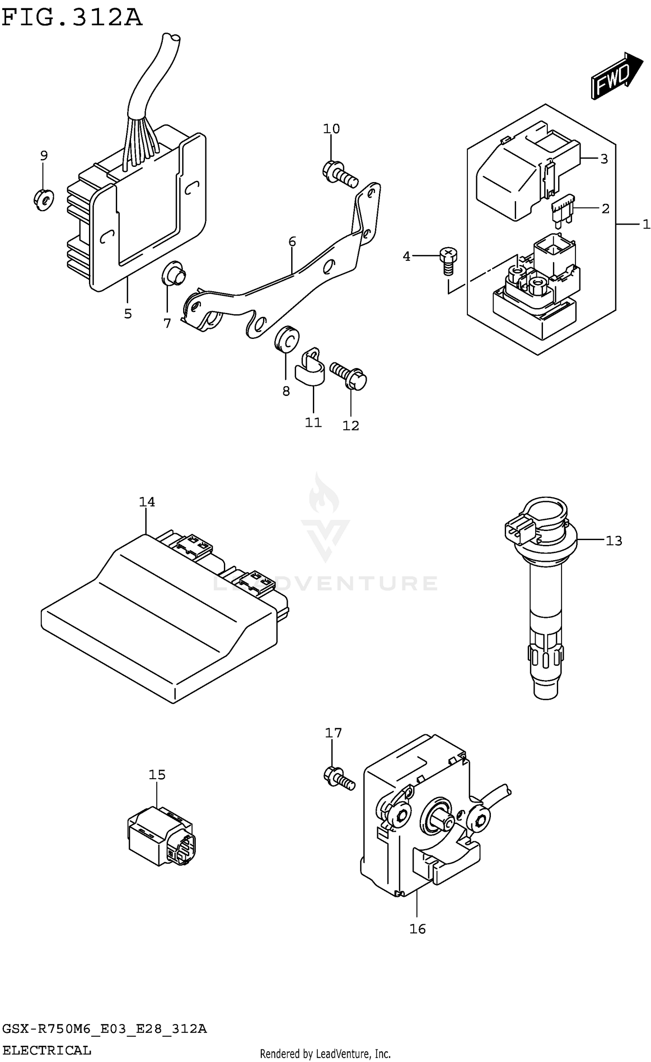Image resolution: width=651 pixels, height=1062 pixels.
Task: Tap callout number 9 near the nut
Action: click(44, 155)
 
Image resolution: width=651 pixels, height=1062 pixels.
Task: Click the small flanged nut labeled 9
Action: click(43, 199)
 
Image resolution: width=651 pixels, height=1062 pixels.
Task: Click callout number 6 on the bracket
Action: click(292, 242)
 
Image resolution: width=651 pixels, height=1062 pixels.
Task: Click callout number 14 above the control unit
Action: click(147, 502)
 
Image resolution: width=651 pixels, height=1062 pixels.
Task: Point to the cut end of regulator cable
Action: click(170, 39)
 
